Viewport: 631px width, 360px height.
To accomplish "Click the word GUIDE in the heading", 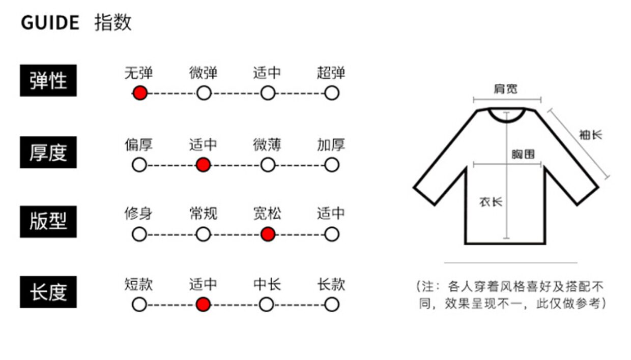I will coord(50,23).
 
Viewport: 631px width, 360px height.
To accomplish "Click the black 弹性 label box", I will coord(48,80).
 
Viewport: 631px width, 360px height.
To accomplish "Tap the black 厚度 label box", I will coord(48,152).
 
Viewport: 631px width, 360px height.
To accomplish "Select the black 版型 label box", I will coord(48,222).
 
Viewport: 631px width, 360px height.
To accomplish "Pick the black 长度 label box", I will coord(48,292).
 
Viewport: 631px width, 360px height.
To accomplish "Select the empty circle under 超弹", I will coord(331,93).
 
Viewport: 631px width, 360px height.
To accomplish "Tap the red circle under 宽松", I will coord(267,234).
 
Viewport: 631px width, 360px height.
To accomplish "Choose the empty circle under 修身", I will coord(139,234).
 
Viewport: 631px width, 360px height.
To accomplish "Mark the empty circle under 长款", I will coord(331,304).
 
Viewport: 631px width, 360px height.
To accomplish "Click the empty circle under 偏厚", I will coord(139,165).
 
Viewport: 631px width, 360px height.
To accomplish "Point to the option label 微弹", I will coord(203,73).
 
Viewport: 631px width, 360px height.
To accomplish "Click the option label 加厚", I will coord(331,145).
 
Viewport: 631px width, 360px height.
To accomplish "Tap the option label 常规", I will coord(203,214).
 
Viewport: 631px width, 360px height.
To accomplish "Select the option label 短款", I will coord(138,284).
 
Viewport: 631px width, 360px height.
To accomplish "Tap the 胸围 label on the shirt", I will coord(523,154).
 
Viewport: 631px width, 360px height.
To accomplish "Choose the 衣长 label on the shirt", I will coord(491,202).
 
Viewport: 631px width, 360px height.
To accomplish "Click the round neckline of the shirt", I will coord(506,116).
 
